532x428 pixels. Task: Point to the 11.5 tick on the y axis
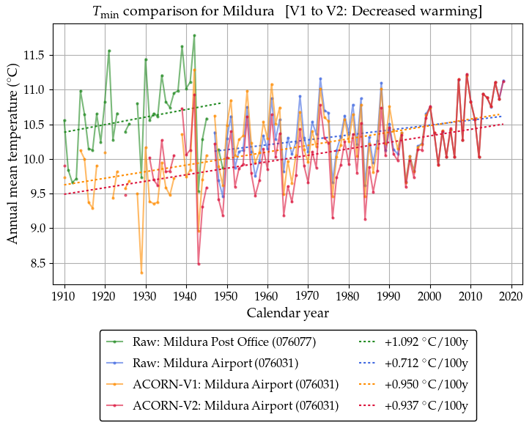tap(34, 55)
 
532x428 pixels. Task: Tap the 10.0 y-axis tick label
tap(34, 159)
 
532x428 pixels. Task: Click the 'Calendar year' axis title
tap(288, 313)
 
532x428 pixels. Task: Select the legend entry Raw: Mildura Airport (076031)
tap(214, 363)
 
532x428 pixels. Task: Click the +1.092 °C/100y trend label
tap(424, 342)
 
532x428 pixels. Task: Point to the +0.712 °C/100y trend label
tap(424, 363)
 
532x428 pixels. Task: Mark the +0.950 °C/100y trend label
tap(424, 384)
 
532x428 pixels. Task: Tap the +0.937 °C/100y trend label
tap(424, 405)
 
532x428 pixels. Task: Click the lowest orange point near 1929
tap(141, 273)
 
